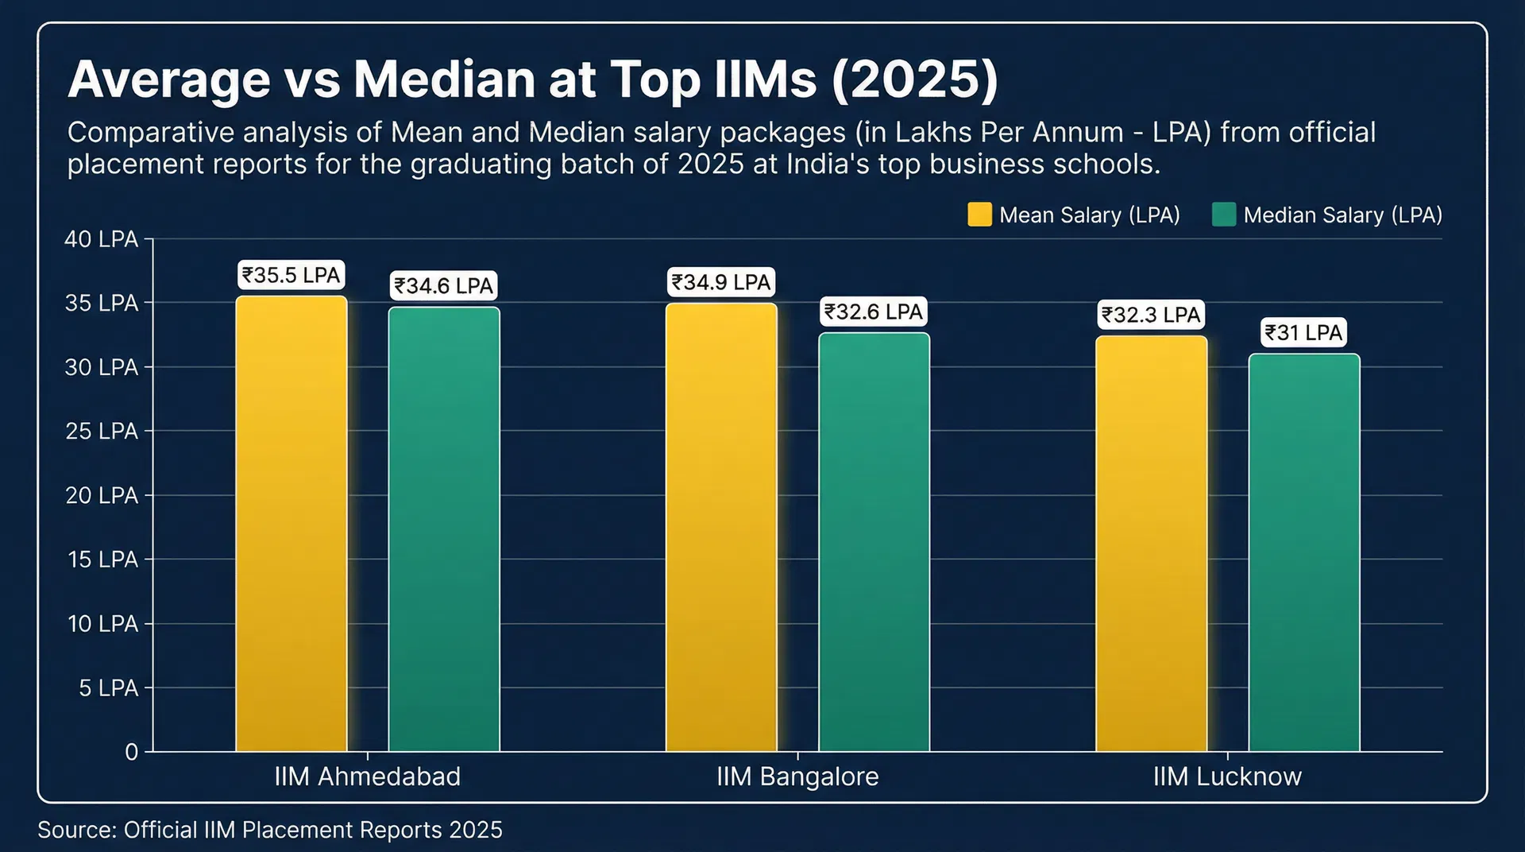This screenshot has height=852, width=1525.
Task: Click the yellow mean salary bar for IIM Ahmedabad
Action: (291, 525)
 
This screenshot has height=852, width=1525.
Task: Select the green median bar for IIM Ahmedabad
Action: (444, 529)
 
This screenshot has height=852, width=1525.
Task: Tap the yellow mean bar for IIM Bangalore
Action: (721, 528)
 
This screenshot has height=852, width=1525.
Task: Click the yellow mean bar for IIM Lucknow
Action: (1152, 544)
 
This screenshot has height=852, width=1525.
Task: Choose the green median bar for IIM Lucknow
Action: (1304, 552)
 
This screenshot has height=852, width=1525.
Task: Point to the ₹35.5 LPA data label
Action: (291, 275)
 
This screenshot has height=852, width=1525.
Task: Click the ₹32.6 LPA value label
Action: (874, 312)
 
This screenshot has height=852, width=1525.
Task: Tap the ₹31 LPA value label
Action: (1304, 332)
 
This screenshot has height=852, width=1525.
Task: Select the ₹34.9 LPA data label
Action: (721, 282)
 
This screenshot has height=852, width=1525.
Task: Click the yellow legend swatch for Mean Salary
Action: (979, 215)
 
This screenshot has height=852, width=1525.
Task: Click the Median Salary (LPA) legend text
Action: (1342, 215)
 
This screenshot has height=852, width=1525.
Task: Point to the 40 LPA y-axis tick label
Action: (101, 239)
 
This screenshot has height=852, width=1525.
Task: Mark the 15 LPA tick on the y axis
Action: (102, 560)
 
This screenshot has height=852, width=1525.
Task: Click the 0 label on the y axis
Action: (132, 752)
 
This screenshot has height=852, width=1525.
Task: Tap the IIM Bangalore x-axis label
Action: (797, 776)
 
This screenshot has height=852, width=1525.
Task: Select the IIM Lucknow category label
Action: (1227, 776)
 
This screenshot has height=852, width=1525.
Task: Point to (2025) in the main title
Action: (915, 79)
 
